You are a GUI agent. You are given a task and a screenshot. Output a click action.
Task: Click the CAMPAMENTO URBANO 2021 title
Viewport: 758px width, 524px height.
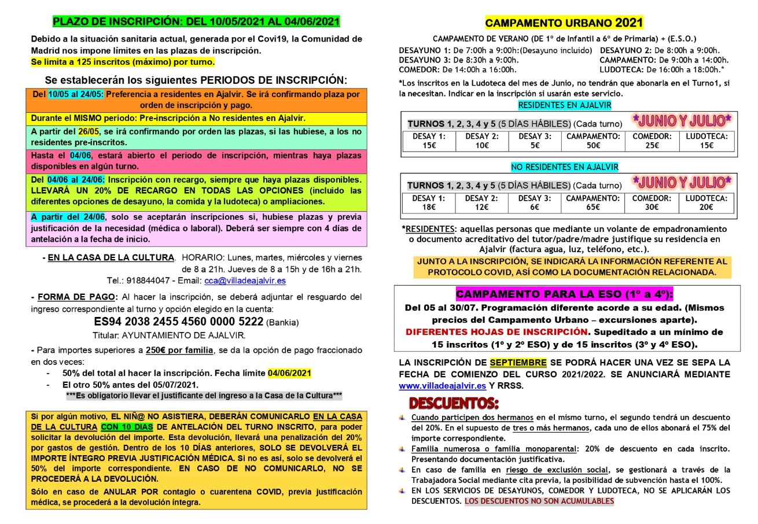[x=564, y=23]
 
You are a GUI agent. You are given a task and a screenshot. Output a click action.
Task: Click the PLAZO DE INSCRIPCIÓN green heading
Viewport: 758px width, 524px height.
[x=196, y=22]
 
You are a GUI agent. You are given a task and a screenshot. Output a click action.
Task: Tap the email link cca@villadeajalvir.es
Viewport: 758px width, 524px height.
[x=245, y=281]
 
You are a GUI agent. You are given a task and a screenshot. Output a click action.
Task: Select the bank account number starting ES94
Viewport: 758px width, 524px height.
[x=179, y=322]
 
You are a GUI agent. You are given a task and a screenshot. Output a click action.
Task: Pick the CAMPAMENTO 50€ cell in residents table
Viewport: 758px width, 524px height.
[x=593, y=141]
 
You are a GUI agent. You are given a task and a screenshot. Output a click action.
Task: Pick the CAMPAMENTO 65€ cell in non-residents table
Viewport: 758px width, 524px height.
[x=593, y=202]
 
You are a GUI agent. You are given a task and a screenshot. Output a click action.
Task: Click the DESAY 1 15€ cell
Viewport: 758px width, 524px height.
[x=429, y=141]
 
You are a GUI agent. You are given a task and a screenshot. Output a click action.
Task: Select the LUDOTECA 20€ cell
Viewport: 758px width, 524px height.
[x=706, y=202]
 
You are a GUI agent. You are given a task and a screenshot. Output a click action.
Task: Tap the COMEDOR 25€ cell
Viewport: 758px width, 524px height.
[x=652, y=141]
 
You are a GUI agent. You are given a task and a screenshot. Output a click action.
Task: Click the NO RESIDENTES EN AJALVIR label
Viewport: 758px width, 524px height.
[x=564, y=167]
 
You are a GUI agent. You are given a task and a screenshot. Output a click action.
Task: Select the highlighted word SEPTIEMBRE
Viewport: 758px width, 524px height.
[x=518, y=363]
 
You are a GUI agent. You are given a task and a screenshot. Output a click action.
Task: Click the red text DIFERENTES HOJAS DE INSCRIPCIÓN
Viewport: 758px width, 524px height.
[x=496, y=332]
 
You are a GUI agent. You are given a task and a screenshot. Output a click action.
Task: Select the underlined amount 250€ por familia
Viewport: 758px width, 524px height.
[x=179, y=350]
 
